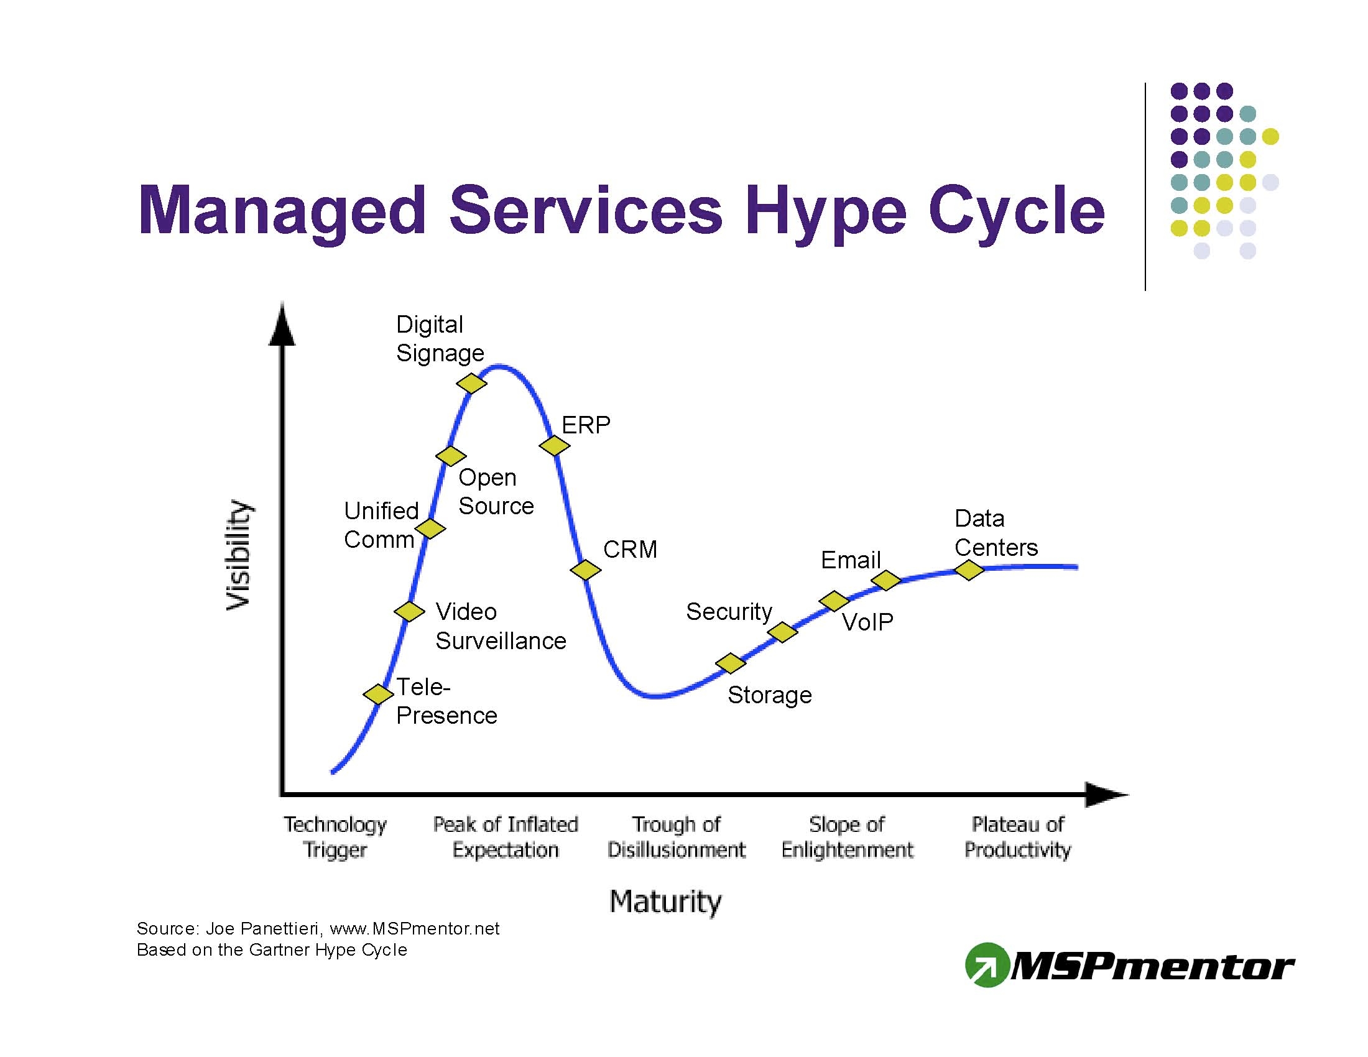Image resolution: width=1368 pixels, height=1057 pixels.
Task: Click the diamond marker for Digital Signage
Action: [472, 382]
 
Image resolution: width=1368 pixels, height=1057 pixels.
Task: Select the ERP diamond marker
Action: [554, 446]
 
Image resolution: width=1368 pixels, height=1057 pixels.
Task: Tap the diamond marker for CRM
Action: [586, 570]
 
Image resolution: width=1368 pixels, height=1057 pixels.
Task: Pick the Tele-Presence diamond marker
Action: [378, 694]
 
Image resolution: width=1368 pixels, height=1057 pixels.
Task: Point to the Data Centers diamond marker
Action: [969, 570]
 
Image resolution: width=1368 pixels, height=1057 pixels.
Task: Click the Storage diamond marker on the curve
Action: [731, 663]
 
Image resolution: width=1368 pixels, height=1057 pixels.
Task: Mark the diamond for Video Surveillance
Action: [410, 611]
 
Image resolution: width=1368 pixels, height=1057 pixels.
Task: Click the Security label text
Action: [729, 612]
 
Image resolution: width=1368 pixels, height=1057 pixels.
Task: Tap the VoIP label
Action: [867, 622]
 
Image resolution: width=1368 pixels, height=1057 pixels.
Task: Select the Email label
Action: [851, 560]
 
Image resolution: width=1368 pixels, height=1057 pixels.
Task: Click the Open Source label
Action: [496, 492]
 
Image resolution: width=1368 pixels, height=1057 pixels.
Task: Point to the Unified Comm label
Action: [381, 525]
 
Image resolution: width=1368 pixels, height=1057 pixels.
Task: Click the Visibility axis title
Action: [239, 555]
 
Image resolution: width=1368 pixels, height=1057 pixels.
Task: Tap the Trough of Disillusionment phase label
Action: [677, 836]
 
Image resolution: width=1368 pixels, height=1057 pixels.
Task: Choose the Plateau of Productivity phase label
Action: [1018, 836]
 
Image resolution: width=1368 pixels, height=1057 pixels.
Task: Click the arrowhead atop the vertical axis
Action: [282, 324]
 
